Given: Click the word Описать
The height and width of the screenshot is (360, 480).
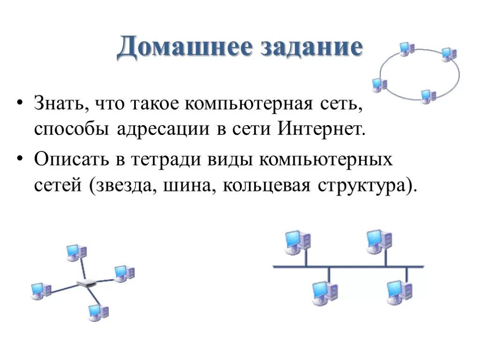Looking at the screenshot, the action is coord(70,160).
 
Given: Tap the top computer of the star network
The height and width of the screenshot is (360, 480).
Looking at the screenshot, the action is coord(75,252).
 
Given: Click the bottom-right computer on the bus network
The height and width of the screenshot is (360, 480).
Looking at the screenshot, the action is coord(399,292).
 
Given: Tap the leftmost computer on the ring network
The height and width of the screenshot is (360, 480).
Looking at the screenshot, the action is coord(379,84).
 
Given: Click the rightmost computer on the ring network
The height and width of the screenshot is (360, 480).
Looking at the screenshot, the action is coord(449,54).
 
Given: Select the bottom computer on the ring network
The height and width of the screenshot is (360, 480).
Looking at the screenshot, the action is coord(427,96).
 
